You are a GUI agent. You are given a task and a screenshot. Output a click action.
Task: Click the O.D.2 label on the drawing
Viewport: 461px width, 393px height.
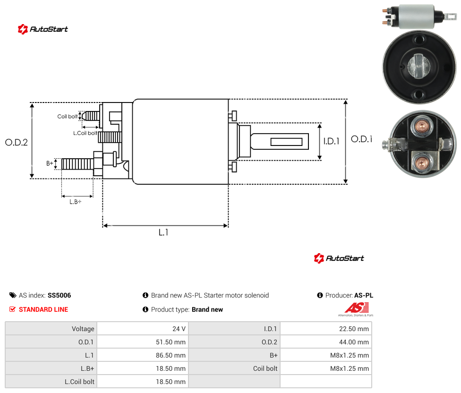point(17,142)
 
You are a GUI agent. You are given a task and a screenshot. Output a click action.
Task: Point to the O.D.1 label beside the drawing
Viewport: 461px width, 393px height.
point(362,139)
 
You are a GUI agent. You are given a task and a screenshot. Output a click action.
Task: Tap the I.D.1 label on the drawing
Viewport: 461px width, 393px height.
point(332,141)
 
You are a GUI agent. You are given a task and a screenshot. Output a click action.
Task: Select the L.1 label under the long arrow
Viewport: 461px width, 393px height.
point(163,232)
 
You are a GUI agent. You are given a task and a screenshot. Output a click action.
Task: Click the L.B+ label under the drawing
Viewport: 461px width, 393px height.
point(76,202)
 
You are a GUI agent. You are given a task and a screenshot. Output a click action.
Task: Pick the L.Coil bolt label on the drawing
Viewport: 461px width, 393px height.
point(85,133)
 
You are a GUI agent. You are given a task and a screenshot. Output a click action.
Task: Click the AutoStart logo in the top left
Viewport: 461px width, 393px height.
point(43,29)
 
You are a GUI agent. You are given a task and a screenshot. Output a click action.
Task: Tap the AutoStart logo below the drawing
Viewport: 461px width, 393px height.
point(339,258)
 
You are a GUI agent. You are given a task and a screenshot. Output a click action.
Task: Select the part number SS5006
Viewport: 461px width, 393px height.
point(60,295)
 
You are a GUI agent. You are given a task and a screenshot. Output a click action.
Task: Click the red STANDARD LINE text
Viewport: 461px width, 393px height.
point(43,309)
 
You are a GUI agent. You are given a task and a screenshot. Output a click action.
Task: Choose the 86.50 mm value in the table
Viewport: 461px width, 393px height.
point(171,355)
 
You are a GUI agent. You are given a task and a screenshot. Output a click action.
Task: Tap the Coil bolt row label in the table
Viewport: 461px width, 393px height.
point(265,368)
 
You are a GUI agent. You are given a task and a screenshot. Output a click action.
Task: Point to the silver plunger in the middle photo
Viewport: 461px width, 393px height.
point(418,66)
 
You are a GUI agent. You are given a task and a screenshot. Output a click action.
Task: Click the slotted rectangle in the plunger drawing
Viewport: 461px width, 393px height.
point(286,142)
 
